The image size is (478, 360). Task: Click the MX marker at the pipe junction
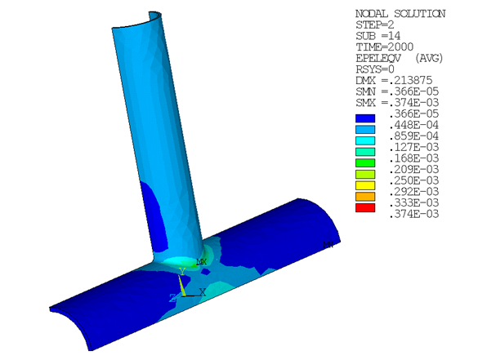200,261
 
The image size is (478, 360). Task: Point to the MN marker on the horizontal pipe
328,244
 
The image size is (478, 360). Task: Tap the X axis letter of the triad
202,291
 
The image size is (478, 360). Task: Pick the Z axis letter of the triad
172,298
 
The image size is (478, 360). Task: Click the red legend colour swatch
364,207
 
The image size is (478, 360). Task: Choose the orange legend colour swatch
364,196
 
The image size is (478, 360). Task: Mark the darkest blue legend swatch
364,117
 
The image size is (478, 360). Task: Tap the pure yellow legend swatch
364,184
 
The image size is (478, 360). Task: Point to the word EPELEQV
375,60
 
